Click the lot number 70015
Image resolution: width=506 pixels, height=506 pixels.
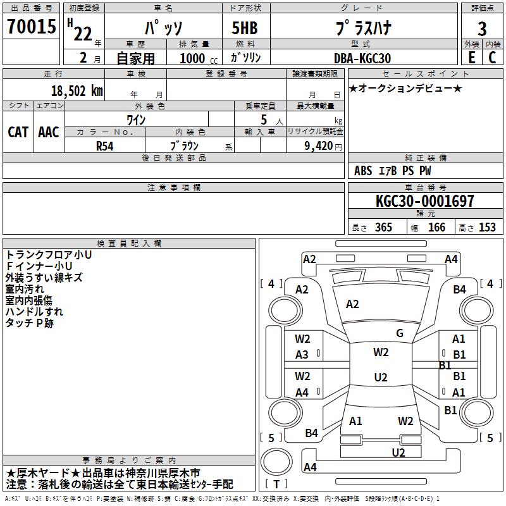30,27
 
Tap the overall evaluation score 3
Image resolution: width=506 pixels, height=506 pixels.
482,28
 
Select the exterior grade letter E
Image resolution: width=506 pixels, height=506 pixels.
471,58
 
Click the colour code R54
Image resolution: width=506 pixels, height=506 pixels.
105,145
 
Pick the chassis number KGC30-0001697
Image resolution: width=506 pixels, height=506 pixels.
424,201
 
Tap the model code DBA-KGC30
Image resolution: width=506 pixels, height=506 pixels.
362,58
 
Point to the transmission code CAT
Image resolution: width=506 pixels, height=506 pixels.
18,132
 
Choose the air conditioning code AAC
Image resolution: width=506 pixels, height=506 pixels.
49,132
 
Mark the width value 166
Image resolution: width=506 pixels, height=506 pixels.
436,228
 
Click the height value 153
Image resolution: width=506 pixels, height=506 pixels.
487,228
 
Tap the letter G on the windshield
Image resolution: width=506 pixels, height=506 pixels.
399,333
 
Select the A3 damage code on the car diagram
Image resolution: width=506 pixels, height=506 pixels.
302,355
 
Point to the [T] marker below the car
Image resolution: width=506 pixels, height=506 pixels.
276,484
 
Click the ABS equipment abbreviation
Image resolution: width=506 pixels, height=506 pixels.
363,171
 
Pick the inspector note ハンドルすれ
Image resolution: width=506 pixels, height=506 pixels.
34,312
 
